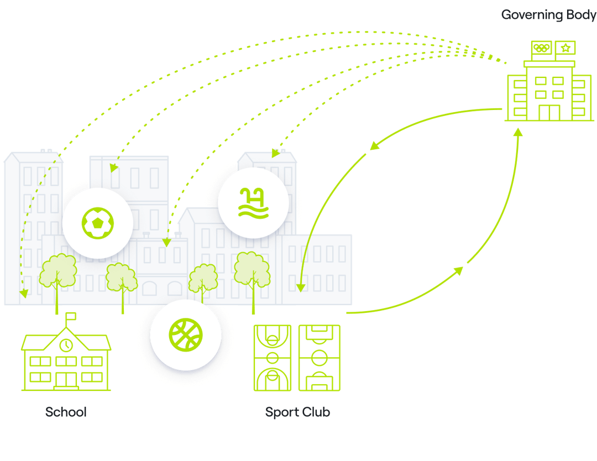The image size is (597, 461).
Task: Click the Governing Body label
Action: [x=548, y=15]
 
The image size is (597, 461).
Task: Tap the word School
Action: [x=66, y=412]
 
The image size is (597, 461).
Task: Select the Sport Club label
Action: [x=297, y=412]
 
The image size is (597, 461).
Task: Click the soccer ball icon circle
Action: [x=98, y=223]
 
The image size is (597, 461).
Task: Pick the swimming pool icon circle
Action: [x=253, y=203]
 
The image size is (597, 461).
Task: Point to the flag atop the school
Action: [x=71, y=317]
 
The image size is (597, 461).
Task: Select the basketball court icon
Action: [x=273, y=358]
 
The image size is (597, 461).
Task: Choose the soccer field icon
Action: [x=320, y=358]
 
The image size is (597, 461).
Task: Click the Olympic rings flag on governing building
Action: [x=542, y=48]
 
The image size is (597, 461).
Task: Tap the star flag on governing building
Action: [x=565, y=48]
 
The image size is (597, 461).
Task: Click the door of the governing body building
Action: [x=549, y=112]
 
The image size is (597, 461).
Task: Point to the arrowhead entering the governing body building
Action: [x=517, y=133]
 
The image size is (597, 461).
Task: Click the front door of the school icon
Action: [x=66, y=380]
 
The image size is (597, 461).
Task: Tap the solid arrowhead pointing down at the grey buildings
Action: [x=301, y=287]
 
